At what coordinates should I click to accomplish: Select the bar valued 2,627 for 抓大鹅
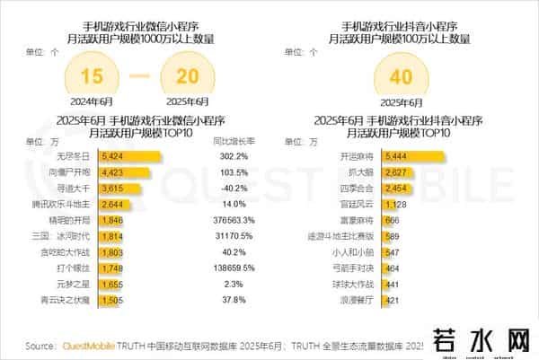click(x=368, y=172)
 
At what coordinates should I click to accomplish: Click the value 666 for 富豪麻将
click(x=391, y=219)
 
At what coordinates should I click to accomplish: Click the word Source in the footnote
click(x=41, y=345)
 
